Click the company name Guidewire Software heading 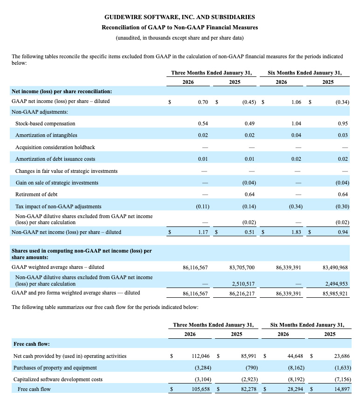tap(180, 17)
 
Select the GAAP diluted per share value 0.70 tap(202, 101)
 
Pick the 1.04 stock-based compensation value tap(295, 123)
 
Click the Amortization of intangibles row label tap(46, 135)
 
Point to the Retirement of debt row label tap(36, 194)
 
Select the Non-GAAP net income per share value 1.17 tap(202, 232)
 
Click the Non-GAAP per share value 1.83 tap(295, 232)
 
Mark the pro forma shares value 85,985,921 tap(335, 293)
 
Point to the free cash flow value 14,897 tap(339, 389)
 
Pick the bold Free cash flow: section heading tap(31, 344)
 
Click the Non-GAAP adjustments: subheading tap(40, 112)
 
